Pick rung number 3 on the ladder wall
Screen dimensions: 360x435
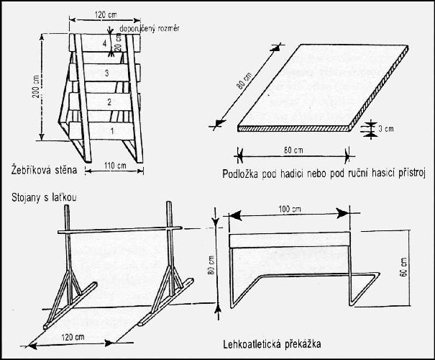(x=106, y=73)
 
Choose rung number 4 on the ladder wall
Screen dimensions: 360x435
(x=105, y=45)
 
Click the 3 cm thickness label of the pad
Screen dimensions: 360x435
(x=389, y=130)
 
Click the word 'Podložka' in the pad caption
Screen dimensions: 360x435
(x=244, y=174)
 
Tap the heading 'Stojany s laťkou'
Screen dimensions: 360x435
(x=40, y=195)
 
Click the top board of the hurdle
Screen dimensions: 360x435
(x=289, y=240)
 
